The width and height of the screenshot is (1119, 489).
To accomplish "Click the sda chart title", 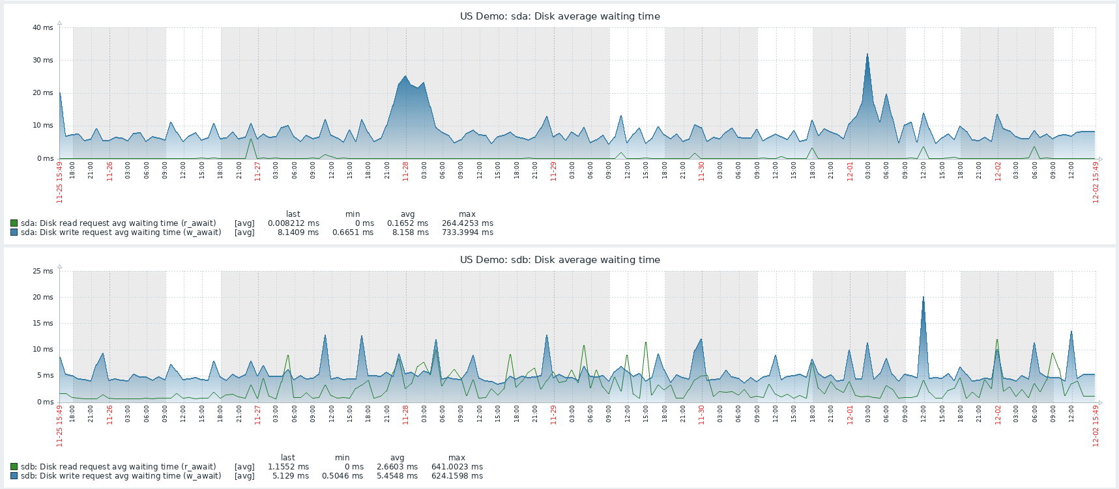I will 560,16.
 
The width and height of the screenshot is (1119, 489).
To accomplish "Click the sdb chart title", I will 560,260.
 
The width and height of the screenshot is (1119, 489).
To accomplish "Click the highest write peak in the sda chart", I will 867,55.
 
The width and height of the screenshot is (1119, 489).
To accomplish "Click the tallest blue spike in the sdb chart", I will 923,298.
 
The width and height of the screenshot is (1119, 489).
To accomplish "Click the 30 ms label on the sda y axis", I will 43,60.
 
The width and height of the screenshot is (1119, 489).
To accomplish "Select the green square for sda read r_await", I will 14,223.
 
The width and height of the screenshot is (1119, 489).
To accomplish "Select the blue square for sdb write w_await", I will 14,476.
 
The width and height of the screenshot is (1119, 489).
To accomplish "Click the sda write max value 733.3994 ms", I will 467,232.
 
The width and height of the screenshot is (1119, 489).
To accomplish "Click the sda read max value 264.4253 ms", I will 467,223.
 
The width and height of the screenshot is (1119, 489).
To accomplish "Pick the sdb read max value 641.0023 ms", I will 457,467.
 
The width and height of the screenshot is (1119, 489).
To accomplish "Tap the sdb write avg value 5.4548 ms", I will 397,476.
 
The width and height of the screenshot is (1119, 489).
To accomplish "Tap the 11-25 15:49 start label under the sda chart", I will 59,183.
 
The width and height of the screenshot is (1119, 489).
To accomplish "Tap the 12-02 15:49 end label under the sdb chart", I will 1096,426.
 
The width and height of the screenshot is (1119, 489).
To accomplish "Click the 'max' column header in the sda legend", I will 467,214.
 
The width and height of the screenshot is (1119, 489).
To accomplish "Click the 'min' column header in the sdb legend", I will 342,458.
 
